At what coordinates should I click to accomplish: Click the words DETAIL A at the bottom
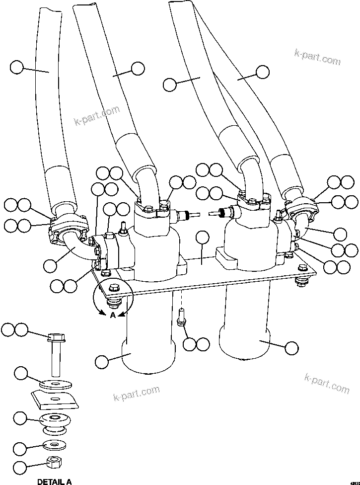coord(54,481)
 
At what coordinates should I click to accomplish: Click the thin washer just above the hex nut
coord(53,444)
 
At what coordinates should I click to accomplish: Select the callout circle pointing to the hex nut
coord(20,467)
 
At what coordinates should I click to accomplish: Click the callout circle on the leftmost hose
coord(17,67)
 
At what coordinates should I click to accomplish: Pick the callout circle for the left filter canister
coord(101,362)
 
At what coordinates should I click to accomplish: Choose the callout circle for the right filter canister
coord(292,347)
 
